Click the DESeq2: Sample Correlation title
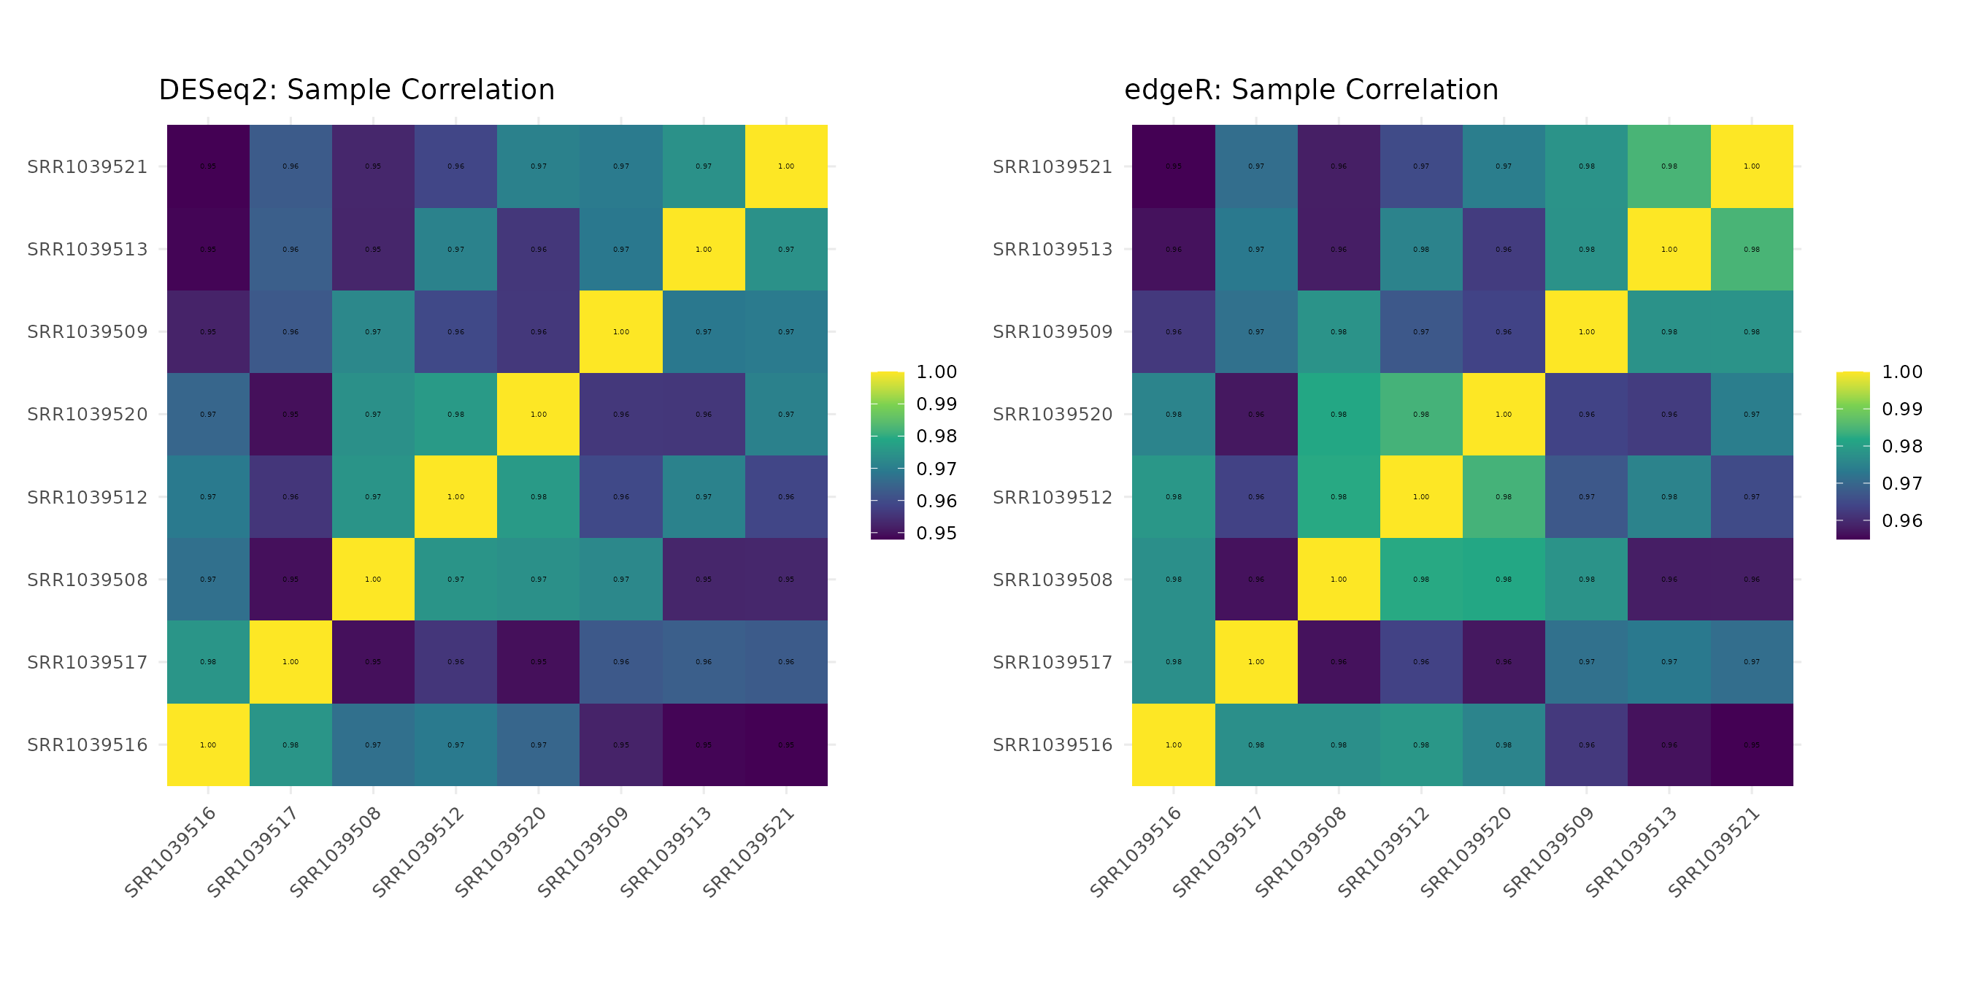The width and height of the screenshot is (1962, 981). pyautogui.click(x=356, y=90)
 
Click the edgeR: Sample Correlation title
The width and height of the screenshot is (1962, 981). pyautogui.click(x=1311, y=90)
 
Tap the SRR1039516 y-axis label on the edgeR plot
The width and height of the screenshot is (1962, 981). pyautogui.click(x=1053, y=745)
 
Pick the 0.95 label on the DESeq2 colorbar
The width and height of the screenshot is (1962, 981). pyautogui.click(x=936, y=533)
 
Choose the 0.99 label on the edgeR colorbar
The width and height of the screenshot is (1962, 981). pyautogui.click(x=1902, y=409)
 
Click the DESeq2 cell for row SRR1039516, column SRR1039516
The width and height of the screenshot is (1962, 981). pyautogui.click(x=208, y=745)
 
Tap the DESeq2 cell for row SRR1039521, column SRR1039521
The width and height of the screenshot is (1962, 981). pyautogui.click(x=786, y=166)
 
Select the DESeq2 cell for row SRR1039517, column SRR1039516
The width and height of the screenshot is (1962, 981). pyautogui.click(x=208, y=662)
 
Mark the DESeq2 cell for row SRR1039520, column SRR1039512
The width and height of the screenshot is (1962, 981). pyautogui.click(x=455, y=415)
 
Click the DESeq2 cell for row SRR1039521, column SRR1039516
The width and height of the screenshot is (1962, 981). pyautogui.click(x=208, y=166)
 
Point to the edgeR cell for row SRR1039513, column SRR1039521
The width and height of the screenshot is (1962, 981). pyautogui.click(x=1752, y=249)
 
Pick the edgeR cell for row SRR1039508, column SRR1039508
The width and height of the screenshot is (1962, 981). pyautogui.click(x=1338, y=580)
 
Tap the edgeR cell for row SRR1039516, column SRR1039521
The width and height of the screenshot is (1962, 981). pyautogui.click(x=1752, y=745)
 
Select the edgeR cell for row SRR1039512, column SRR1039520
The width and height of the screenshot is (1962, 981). pyautogui.click(x=1504, y=496)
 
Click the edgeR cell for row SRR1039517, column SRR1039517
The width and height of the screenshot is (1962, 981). pyautogui.click(x=1256, y=662)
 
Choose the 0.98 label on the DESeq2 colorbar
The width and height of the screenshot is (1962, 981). pyautogui.click(x=936, y=436)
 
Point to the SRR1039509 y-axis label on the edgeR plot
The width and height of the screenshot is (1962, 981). pyautogui.click(x=1053, y=332)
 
